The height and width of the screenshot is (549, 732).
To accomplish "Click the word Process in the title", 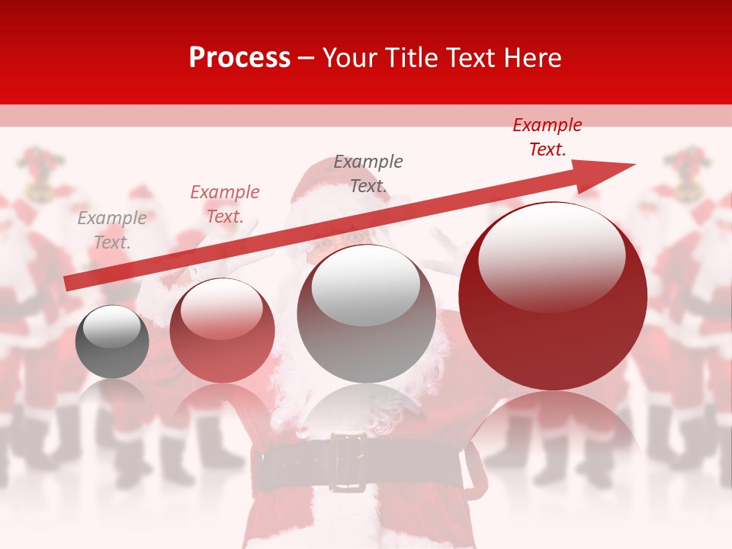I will [239, 57].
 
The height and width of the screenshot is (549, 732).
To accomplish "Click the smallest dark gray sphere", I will [112, 342].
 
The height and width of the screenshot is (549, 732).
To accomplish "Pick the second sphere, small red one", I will [222, 331].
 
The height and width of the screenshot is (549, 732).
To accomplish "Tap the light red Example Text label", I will [225, 204].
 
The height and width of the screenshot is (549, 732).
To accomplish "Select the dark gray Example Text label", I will [368, 173].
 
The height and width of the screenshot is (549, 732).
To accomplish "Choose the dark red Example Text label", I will [547, 137].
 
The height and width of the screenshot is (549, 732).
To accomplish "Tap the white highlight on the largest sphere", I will [551, 255].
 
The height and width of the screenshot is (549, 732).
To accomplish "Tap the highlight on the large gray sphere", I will [366, 284].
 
